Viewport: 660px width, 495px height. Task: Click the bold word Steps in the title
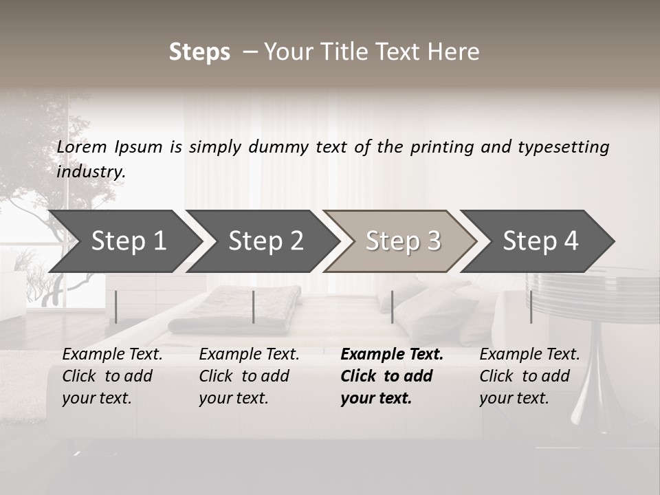tap(199, 52)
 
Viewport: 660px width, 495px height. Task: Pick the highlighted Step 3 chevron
tap(403, 241)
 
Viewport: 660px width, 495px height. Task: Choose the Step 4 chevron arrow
tap(540, 241)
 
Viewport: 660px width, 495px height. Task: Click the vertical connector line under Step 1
tap(116, 307)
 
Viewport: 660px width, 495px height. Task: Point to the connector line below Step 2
tap(254, 307)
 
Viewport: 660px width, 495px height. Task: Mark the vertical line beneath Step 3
tap(392, 307)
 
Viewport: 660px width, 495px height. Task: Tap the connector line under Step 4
tap(531, 307)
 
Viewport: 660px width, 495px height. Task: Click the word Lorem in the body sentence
tap(82, 147)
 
